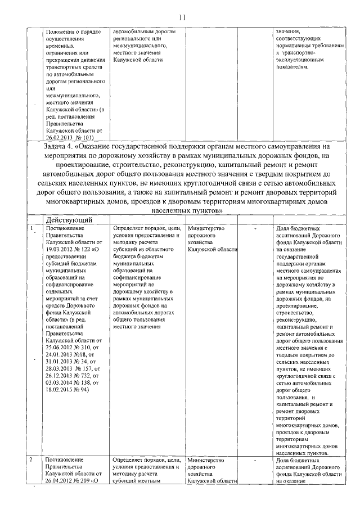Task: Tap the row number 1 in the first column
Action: (32, 228)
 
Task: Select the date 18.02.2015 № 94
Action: (65, 389)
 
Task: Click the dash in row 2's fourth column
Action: (255, 461)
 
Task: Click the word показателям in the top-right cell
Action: (292, 66)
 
